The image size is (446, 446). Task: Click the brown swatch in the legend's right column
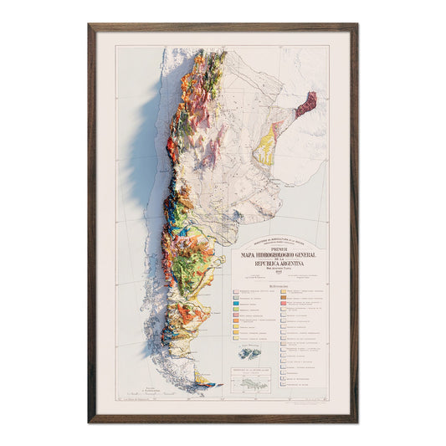[x=285, y=294]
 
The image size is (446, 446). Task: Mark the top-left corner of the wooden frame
[x=90, y=25]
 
